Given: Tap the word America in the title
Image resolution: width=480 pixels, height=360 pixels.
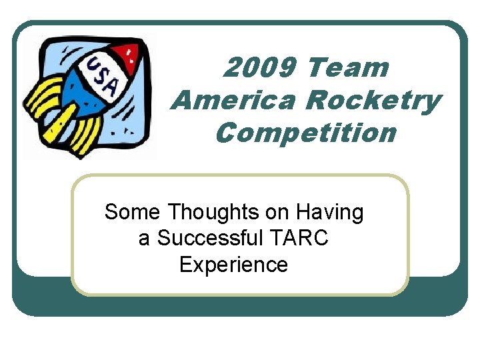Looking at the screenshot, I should coord(233,100).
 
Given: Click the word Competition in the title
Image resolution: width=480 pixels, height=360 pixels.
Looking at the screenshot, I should coord(306,133).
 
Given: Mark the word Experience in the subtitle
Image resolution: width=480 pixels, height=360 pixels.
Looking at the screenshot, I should coord(234,264).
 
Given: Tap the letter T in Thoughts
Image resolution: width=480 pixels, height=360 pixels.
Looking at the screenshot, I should coord(174,213).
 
